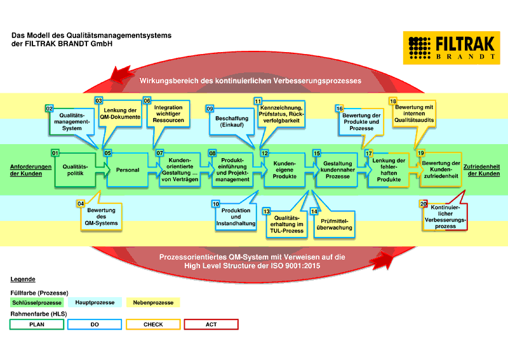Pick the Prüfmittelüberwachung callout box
click(333, 223)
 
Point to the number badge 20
click(424, 203)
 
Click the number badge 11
click(258, 101)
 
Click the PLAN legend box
click(37, 324)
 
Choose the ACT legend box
click(211, 324)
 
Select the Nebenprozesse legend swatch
click(153, 303)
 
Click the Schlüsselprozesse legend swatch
click(37, 303)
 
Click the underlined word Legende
click(23, 279)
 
